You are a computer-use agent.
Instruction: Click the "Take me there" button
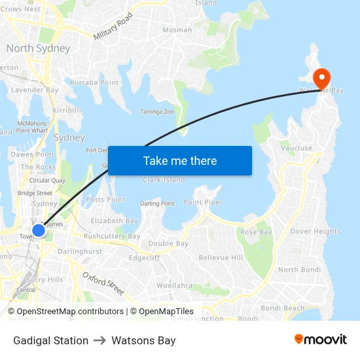[x=180, y=161]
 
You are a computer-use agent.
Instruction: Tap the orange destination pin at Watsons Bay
[x=321, y=79]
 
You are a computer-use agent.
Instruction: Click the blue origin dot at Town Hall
[x=39, y=230]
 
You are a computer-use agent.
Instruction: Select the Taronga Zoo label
[x=157, y=112]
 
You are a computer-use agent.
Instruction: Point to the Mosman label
[x=177, y=30]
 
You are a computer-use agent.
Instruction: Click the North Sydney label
[x=38, y=48]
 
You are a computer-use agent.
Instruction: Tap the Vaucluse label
[x=297, y=149]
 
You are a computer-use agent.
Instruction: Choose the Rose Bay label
[x=257, y=232]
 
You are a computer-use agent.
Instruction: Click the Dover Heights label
[x=315, y=231]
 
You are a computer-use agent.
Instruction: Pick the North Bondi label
[x=297, y=270]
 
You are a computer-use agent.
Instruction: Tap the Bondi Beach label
[x=282, y=308]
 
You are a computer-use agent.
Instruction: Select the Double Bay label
[x=168, y=243]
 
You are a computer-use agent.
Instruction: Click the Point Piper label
[x=203, y=203]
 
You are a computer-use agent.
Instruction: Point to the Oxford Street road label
[x=103, y=283]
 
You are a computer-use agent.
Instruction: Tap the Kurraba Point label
[x=94, y=82]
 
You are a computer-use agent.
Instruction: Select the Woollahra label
[x=174, y=285]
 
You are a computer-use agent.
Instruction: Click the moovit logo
[x=320, y=340]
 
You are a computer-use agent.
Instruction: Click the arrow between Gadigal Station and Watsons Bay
[x=100, y=340]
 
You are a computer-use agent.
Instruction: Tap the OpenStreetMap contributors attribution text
[x=70, y=312]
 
